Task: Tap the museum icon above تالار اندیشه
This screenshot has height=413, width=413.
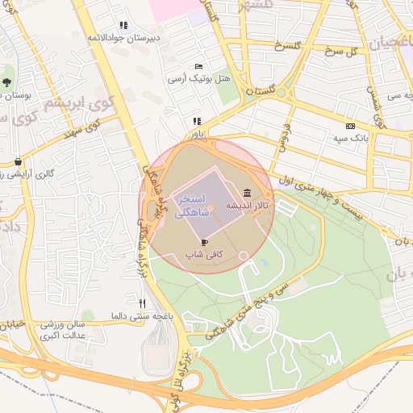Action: (x=246, y=193)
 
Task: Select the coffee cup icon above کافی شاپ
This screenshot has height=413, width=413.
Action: (x=204, y=241)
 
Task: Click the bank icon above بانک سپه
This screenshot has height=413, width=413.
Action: (x=350, y=126)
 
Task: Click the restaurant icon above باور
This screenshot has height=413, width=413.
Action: (x=196, y=121)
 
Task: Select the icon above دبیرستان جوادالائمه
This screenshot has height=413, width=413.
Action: (x=123, y=25)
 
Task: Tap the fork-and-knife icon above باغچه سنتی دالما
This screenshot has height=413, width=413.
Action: (x=143, y=303)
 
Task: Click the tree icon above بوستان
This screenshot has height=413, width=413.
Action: (x=6, y=81)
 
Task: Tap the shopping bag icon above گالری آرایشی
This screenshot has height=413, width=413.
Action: (x=18, y=161)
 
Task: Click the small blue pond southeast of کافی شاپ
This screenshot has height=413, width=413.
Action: (x=263, y=263)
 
